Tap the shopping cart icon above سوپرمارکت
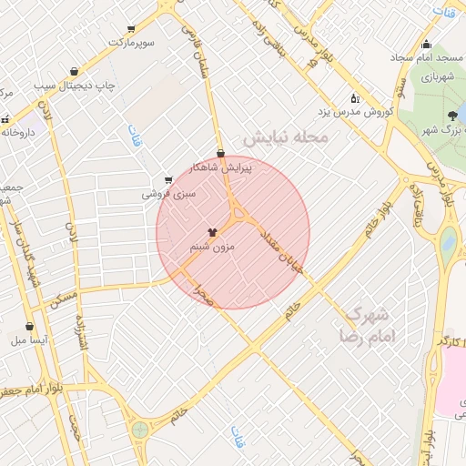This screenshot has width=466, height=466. click(132, 29)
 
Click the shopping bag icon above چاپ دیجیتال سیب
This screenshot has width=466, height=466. click(74, 72)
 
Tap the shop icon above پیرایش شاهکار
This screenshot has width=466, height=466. click(220, 153)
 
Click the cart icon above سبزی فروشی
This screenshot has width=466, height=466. click(167, 180)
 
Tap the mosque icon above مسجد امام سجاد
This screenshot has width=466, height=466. click(426, 45)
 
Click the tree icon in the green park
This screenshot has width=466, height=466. click(452, 116)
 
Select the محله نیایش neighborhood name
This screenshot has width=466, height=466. click(290, 137)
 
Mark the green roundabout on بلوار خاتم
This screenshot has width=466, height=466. click(139, 429)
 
